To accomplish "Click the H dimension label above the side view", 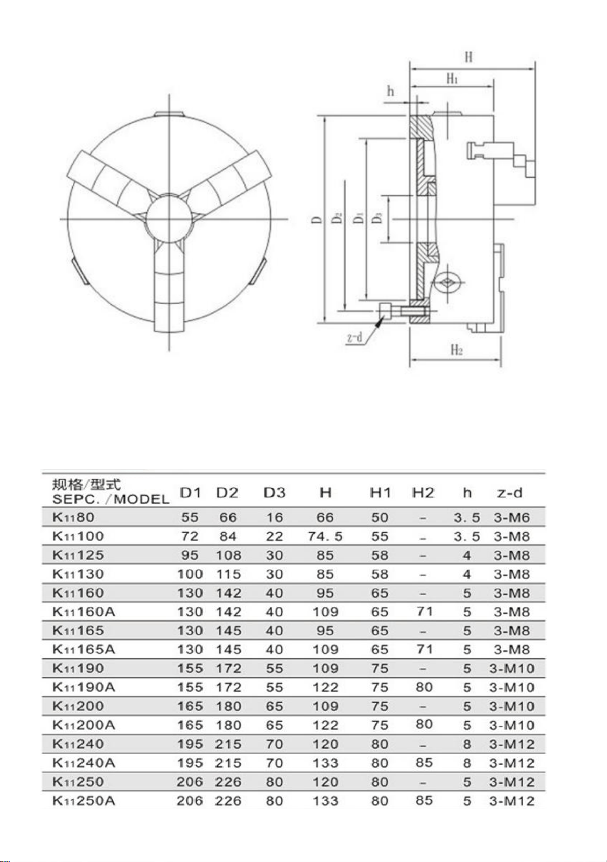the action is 468,57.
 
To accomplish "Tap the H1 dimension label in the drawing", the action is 452,79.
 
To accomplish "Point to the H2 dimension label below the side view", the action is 457,350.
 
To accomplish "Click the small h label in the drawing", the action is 390,91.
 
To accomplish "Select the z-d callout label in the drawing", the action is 355,337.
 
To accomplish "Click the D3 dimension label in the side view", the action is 378,218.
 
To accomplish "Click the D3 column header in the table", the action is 275,493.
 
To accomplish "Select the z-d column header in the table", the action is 509,493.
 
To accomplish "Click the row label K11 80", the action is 73,517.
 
